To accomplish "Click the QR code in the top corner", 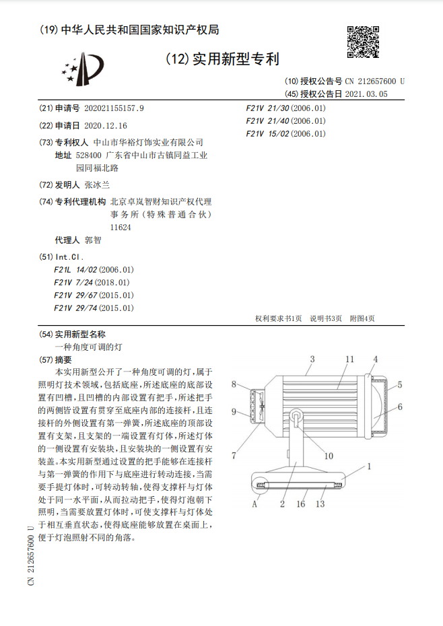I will coord(364,44).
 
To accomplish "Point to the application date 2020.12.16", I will coord(106,125).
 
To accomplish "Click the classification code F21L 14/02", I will coord(76,269).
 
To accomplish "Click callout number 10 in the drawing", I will coord(328,456).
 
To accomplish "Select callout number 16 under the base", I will coord(301,503).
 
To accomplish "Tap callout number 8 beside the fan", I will coord(234,384).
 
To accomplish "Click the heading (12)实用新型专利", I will coord(222,59).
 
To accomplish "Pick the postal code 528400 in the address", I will coord(98,155).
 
